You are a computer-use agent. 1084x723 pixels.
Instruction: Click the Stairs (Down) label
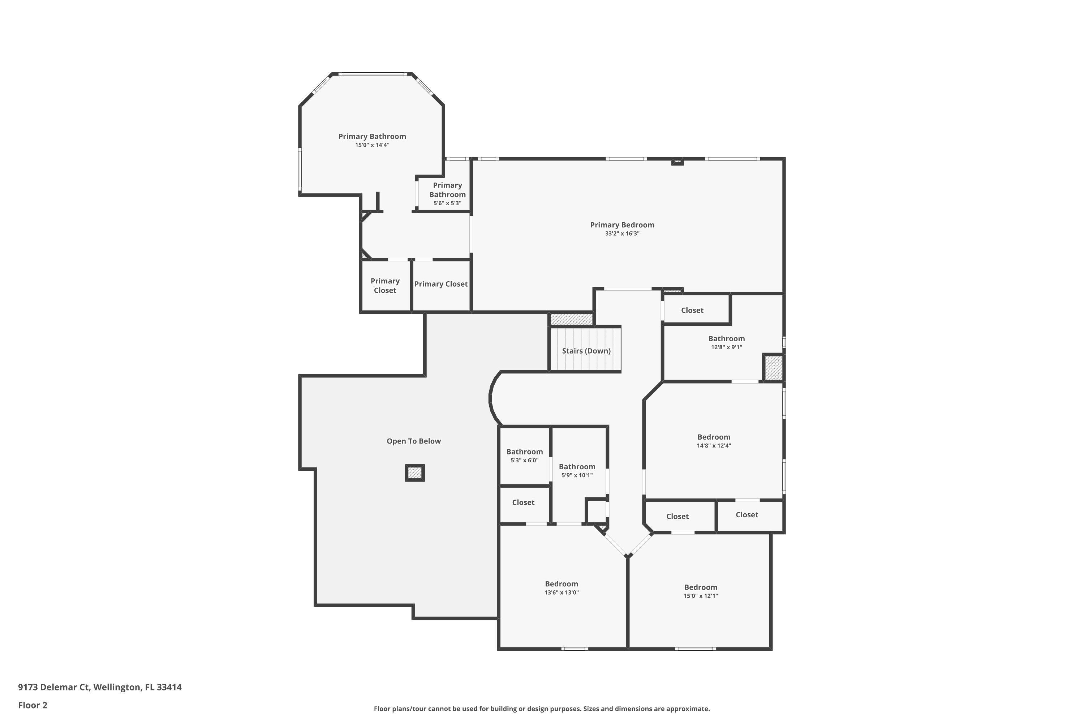click(x=586, y=351)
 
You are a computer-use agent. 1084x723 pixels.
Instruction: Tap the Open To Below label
click(x=413, y=441)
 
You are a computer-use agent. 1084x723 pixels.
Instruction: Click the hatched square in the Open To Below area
click(x=414, y=472)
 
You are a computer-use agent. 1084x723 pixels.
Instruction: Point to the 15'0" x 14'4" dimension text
click(x=372, y=145)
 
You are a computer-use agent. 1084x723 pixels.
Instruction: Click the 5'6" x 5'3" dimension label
click(x=447, y=203)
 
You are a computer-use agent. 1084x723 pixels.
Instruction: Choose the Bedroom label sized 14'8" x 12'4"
click(x=713, y=437)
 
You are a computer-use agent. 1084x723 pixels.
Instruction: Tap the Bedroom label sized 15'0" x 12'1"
click(x=701, y=587)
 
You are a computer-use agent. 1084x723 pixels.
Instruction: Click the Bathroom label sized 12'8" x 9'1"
click(x=726, y=338)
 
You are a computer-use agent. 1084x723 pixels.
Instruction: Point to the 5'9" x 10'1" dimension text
click(x=577, y=475)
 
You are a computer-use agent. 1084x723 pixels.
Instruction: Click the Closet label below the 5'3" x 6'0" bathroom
click(x=523, y=502)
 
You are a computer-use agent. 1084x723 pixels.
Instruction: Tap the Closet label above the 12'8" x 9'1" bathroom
click(x=692, y=310)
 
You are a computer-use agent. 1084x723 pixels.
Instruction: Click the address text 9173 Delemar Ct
click(x=53, y=688)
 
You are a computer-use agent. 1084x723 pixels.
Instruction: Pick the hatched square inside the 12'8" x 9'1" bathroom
click(x=773, y=368)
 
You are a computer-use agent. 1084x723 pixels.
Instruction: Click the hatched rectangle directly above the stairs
click(x=571, y=319)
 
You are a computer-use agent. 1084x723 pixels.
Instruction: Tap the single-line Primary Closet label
click(x=440, y=284)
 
